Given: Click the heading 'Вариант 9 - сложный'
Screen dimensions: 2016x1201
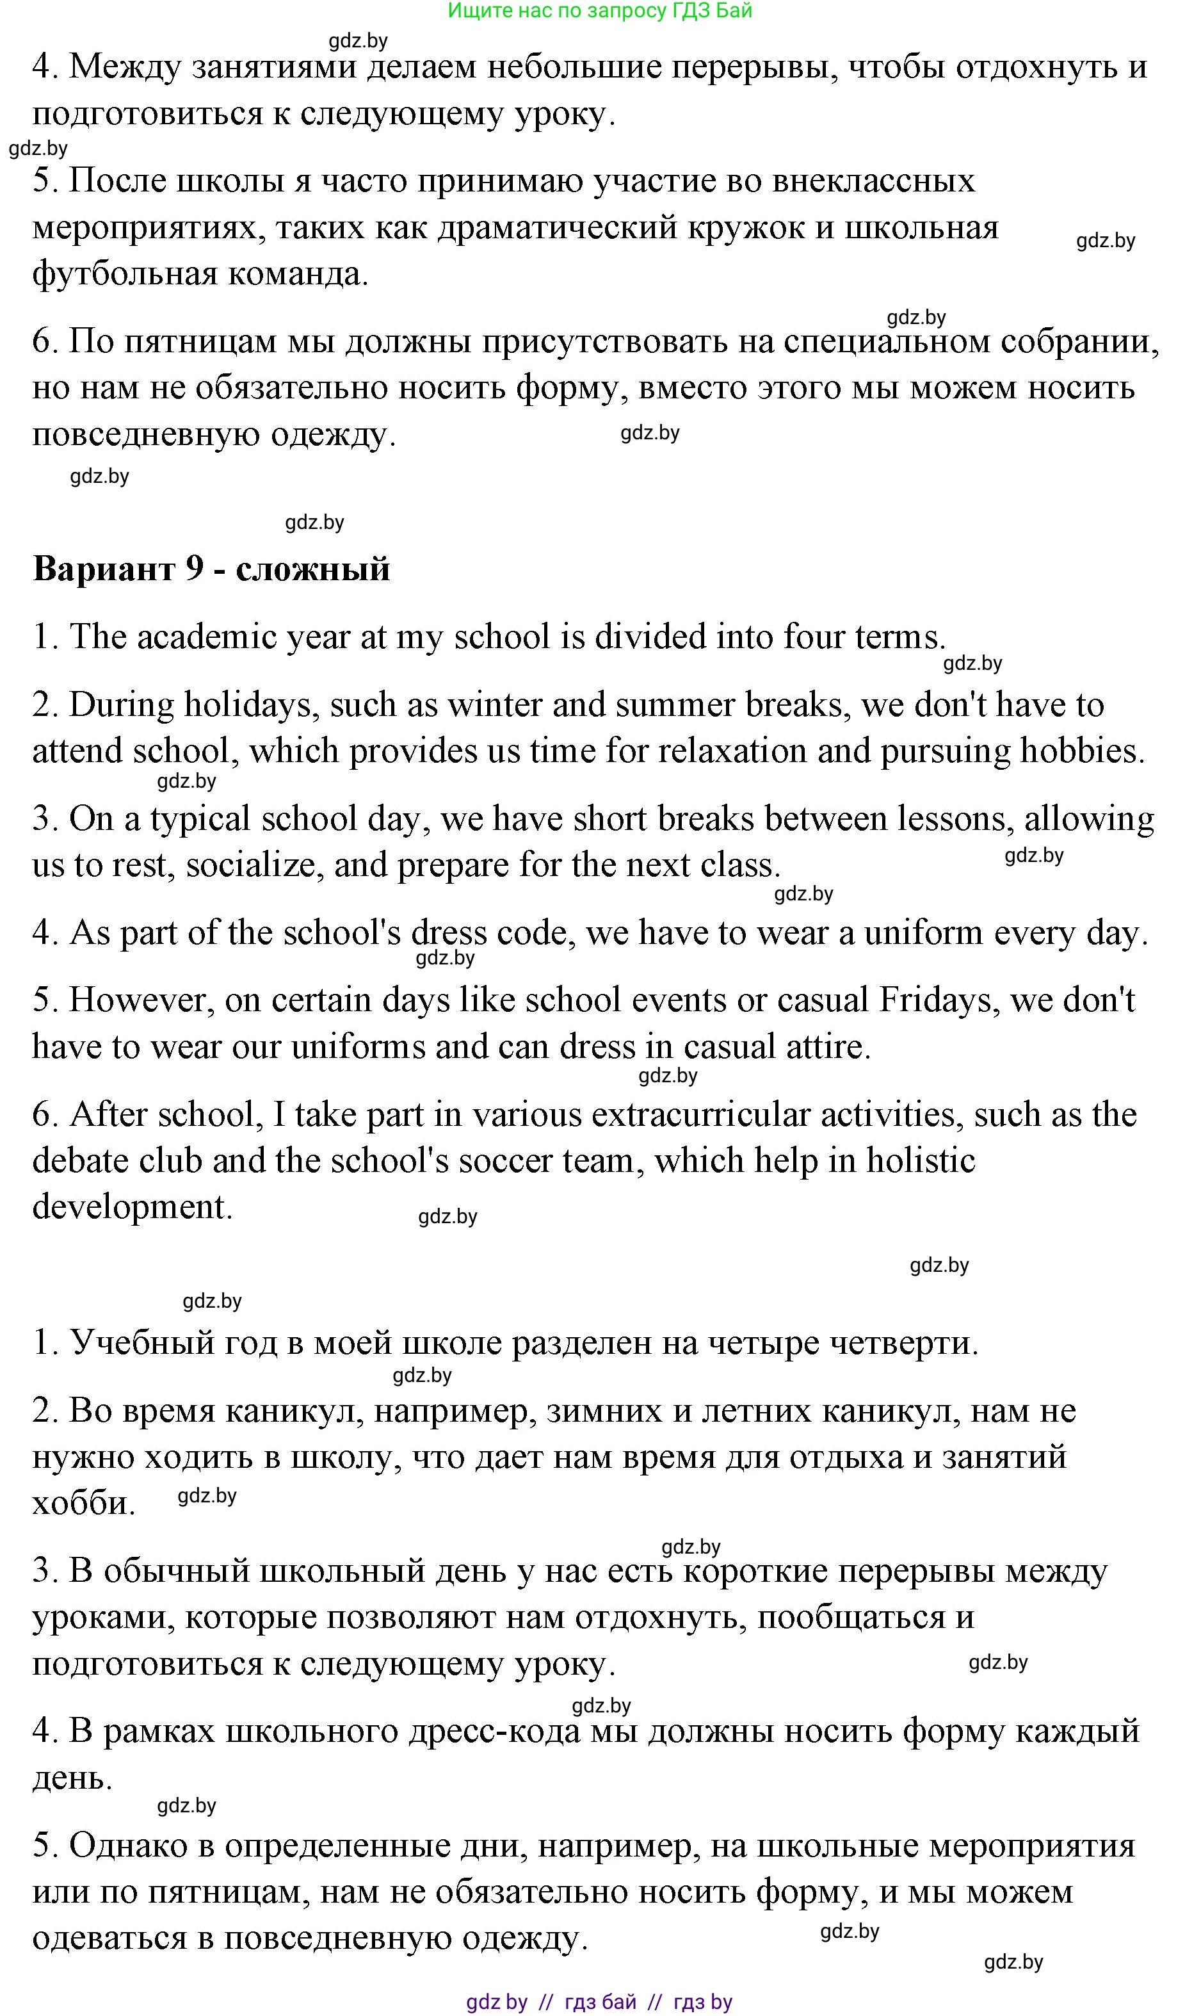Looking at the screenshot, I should (x=211, y=569).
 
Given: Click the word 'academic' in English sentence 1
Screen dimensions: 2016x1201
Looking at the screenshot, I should (x=207, y=637).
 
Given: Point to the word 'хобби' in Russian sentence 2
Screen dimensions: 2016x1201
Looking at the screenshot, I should (x=83, y=1503).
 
